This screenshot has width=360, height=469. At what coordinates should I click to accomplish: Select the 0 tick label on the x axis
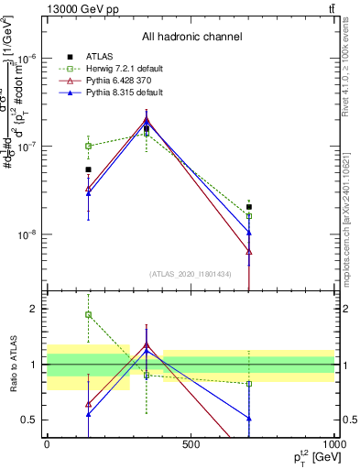[47, 443]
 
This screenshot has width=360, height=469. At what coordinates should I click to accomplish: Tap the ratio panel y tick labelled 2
[35, 309]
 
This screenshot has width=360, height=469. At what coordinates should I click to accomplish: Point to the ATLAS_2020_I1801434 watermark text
[191, 274]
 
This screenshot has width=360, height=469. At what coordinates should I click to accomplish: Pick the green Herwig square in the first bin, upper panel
[89, 146]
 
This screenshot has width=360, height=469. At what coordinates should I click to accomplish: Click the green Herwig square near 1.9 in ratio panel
[89, 315]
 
